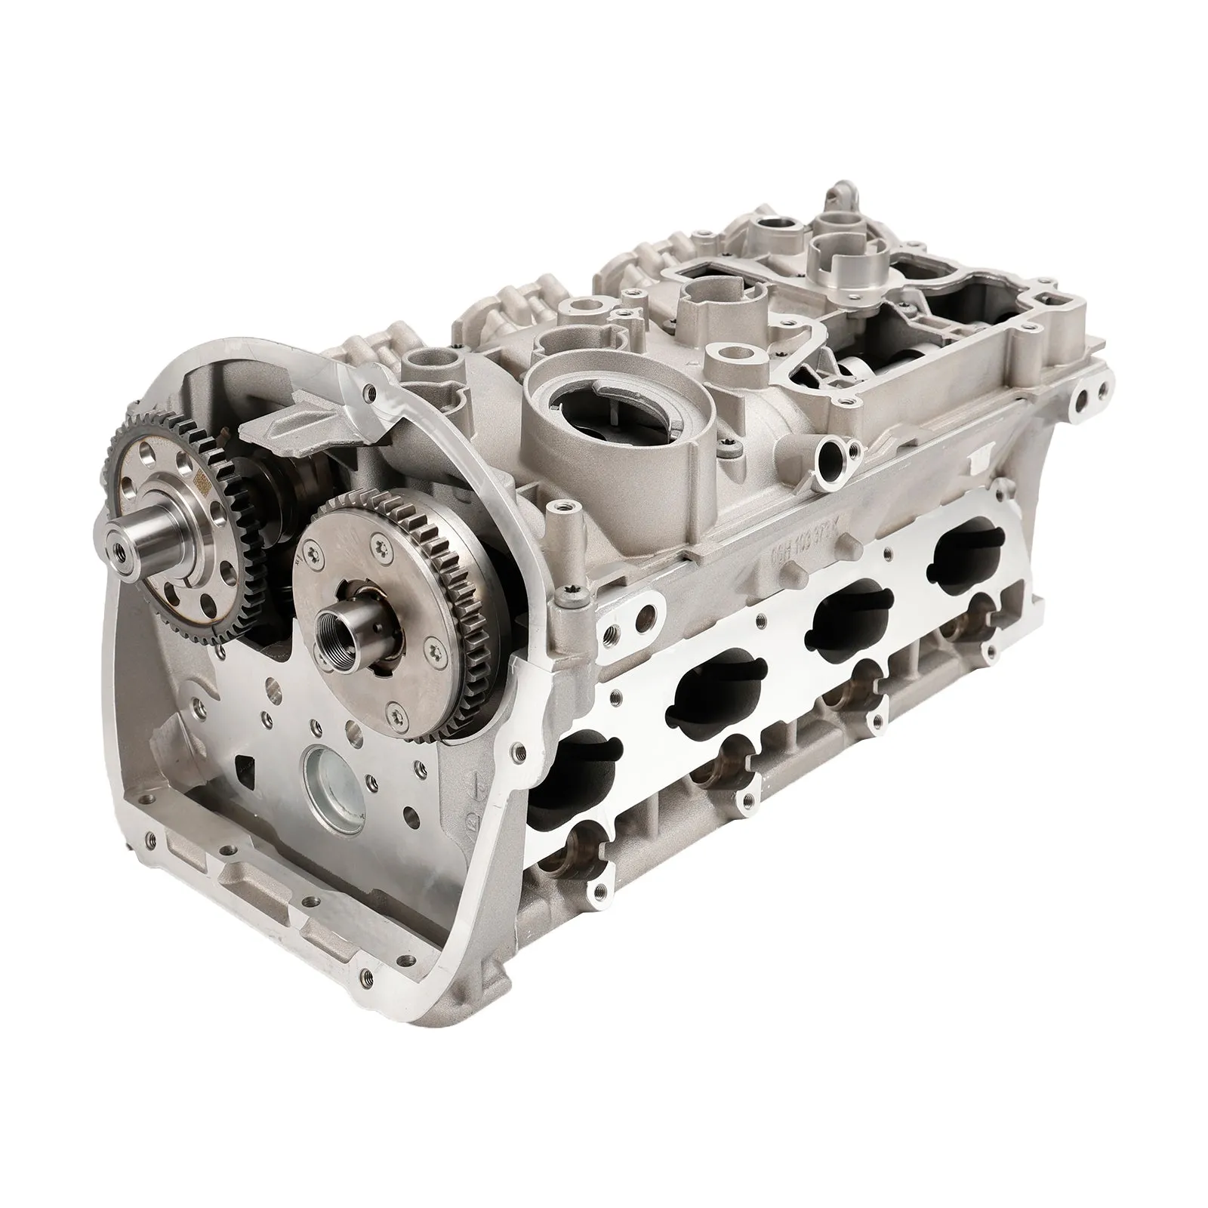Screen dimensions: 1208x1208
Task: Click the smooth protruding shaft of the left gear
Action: click(x=140, y=541)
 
